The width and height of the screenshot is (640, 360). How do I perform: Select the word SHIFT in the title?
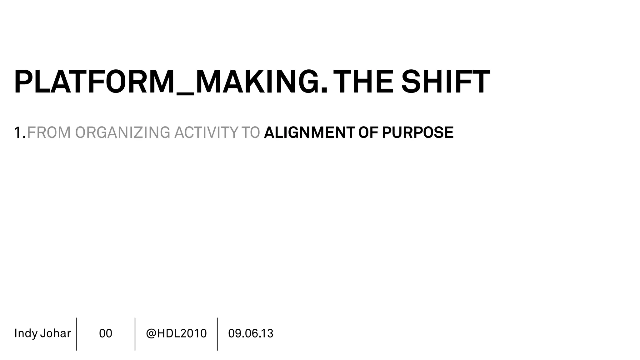point(445,82)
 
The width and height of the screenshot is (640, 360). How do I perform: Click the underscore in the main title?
point(185,93)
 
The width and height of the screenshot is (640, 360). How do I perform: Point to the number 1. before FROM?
point(20,132)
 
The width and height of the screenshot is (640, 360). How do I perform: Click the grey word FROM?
point(49,132)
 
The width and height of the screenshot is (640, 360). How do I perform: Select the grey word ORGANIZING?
point(122,132)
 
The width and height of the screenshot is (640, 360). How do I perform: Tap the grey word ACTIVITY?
point(206,132)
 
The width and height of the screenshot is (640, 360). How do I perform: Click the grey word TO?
point(251,132)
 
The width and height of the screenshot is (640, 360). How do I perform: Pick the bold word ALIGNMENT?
point(309,132)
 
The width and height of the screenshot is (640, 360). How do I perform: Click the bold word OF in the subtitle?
point(368,132)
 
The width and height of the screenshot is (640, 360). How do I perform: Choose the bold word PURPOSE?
point(417,132)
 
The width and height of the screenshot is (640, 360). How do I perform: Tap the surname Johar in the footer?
point(55,333)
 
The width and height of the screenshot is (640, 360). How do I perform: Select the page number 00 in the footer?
point(106,333)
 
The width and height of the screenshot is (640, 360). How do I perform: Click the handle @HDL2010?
point(176,333)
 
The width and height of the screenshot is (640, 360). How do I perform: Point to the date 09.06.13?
point(251,333)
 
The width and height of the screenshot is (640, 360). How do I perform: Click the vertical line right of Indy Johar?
point(77,334)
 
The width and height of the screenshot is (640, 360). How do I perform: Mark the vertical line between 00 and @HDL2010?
point(135,334)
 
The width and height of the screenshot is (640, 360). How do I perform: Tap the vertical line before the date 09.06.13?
point(217,334)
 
